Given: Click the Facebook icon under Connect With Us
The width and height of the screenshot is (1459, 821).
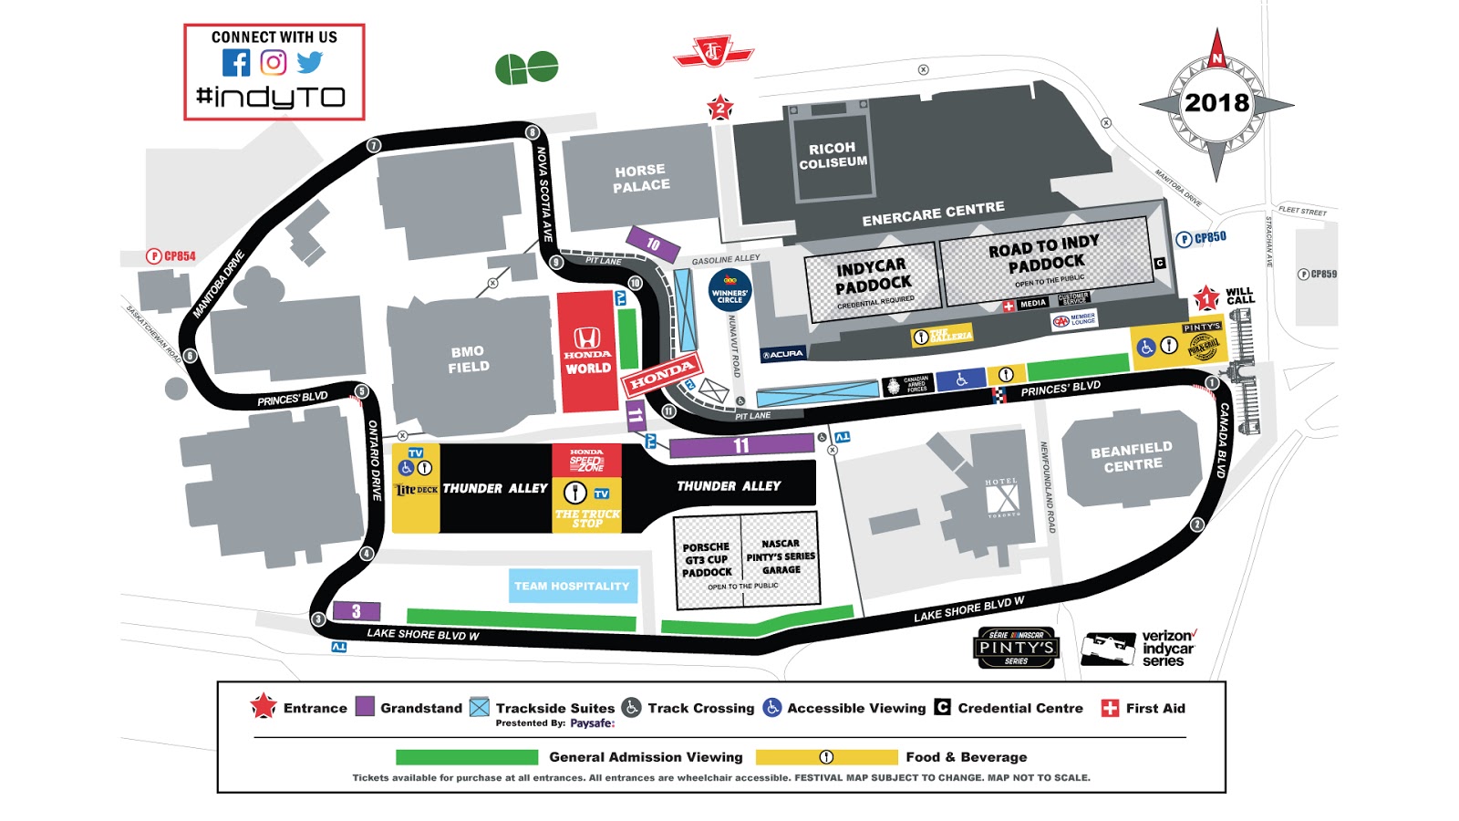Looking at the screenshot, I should click(x=236, y=62).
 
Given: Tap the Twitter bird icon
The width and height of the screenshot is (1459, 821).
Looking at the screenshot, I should click(x=310, y=62).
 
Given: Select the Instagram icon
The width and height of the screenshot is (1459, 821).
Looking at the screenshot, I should click(x=274, y=62).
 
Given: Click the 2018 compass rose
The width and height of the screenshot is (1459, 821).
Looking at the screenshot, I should click(x=1216, y=103).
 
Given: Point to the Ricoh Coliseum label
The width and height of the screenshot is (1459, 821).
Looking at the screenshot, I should click(x=833, y=155).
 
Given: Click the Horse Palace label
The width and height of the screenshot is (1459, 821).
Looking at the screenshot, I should click(x=641, y=178).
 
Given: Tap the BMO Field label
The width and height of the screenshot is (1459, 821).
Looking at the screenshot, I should click(x=469, y=359).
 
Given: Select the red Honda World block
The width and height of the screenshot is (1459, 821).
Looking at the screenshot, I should click(x=587, y=351).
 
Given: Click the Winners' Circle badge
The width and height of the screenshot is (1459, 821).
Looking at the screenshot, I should click(x=729, y=291).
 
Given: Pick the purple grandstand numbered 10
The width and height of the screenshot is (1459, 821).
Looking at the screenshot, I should click(x=653, y=244).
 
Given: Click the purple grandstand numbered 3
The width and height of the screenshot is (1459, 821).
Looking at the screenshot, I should click(x=356, y=611).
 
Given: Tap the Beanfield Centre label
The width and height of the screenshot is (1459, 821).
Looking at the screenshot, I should click(x=1133, y=456).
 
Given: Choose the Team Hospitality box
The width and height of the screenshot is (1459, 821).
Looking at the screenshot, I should click(x=572, y=586).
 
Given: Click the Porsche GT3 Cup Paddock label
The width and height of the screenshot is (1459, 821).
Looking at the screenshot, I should click(x=707, y=560).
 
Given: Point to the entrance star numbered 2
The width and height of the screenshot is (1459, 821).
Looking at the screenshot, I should click(x=720, y=108).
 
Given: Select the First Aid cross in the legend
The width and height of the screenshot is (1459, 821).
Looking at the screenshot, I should click(x=1110, y=708).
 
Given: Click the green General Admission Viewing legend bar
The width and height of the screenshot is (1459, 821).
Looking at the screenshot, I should click(x=466, y=757).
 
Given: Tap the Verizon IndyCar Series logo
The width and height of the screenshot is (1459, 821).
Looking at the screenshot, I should click(x=1140, y=649).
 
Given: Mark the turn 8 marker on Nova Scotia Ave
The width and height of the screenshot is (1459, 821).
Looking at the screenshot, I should click(x=533, y=132).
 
